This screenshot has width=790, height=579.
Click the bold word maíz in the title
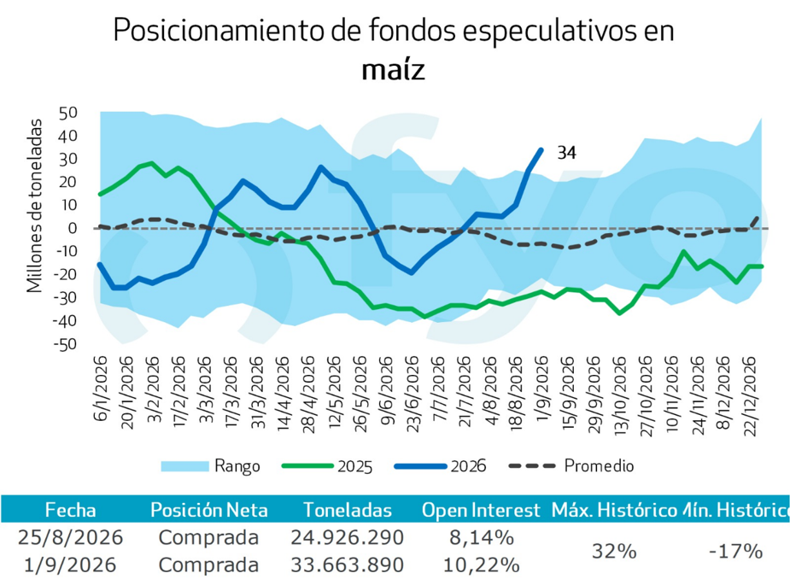[394, 70]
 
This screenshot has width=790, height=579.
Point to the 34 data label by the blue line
[566, 152]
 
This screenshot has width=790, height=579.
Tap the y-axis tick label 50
[68, 113]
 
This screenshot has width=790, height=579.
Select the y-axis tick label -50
[65, 345]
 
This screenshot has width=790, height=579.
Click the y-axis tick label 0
[73, 228]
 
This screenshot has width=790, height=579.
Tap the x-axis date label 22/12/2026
[750, 396]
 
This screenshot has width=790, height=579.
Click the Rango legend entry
[211, 465]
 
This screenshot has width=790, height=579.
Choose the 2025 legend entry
[327, 466]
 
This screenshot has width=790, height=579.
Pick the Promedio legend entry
[571, 465]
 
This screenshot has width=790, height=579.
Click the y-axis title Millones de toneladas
[35, 206]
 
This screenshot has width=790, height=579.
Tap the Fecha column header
[71, 510]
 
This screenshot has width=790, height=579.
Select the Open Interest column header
[481, 510]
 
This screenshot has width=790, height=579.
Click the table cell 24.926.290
[347, 537]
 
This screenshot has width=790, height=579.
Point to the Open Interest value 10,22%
[481, 564]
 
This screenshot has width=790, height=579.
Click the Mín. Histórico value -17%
[735, 552]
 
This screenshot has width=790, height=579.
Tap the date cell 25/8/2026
[71, 537]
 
